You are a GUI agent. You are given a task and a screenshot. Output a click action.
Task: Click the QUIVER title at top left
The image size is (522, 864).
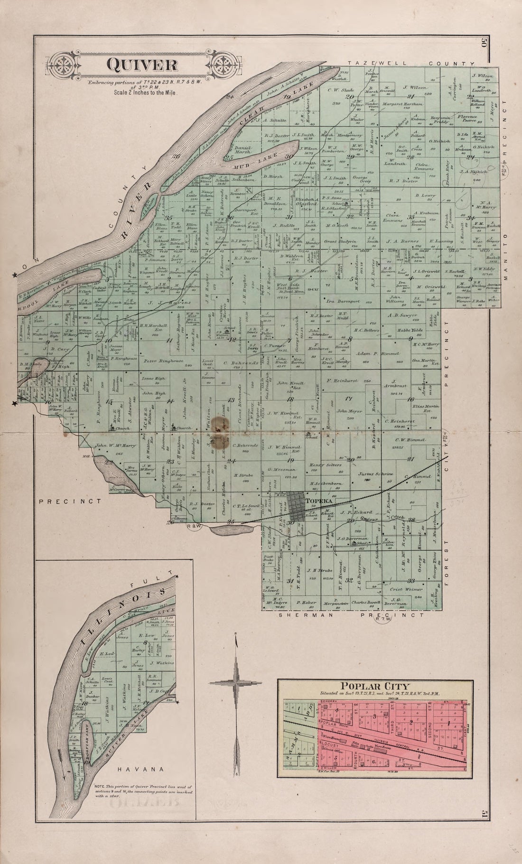click(x=135, y=65)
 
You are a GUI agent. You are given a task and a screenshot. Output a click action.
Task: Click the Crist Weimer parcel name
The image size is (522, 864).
click(x=407, y=589)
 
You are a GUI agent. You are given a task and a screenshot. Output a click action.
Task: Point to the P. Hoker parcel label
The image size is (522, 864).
click(x=306, y=603)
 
